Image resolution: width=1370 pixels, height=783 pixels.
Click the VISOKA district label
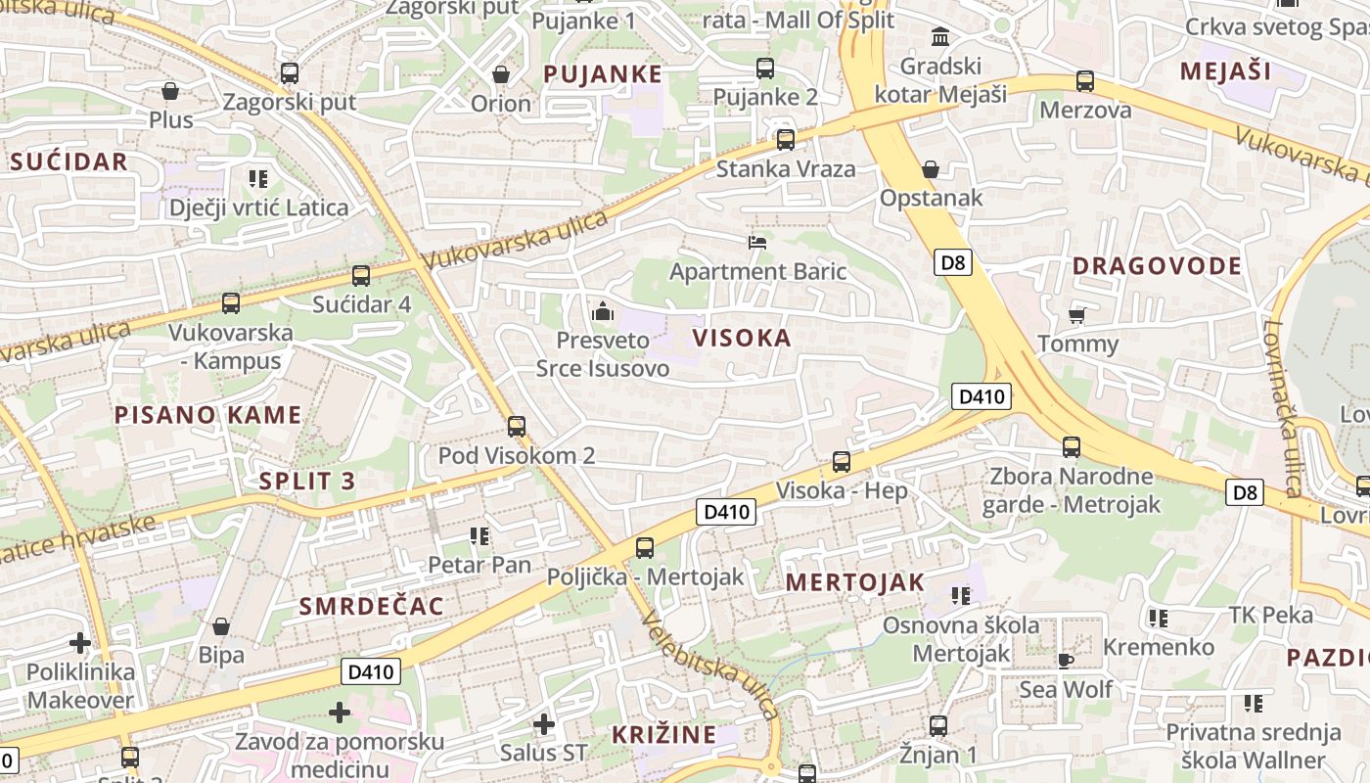click(741, 339)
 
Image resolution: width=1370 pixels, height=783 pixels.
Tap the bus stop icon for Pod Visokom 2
click(517, 427)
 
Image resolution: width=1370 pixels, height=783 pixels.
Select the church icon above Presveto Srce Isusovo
click(603, 312)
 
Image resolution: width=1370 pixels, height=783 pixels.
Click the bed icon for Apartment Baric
click(757, 242)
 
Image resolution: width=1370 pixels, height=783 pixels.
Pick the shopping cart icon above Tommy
click(1077, 315)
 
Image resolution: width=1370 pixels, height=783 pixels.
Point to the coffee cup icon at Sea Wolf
click(1066, 661)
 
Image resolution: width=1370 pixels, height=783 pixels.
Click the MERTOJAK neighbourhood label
click(854, 582)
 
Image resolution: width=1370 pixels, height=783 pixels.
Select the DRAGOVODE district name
click(1157, 266)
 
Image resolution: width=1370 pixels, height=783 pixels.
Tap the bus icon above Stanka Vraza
click(786, 140)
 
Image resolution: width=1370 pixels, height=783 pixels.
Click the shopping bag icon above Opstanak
click(931, 169)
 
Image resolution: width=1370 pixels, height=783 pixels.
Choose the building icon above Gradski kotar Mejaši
click(940, 37)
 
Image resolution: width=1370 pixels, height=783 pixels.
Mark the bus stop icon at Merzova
click(1085, 81)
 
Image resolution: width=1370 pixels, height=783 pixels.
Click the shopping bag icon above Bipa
click(221, 626)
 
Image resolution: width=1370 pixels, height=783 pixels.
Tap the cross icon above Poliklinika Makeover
click(80, 643)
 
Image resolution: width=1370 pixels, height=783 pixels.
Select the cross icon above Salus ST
click(544, 724)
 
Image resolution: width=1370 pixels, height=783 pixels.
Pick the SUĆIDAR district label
click(68, 162)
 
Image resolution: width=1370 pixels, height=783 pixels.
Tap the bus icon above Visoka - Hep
click(842, 462)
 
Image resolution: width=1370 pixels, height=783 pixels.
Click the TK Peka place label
click(1270, 615)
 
